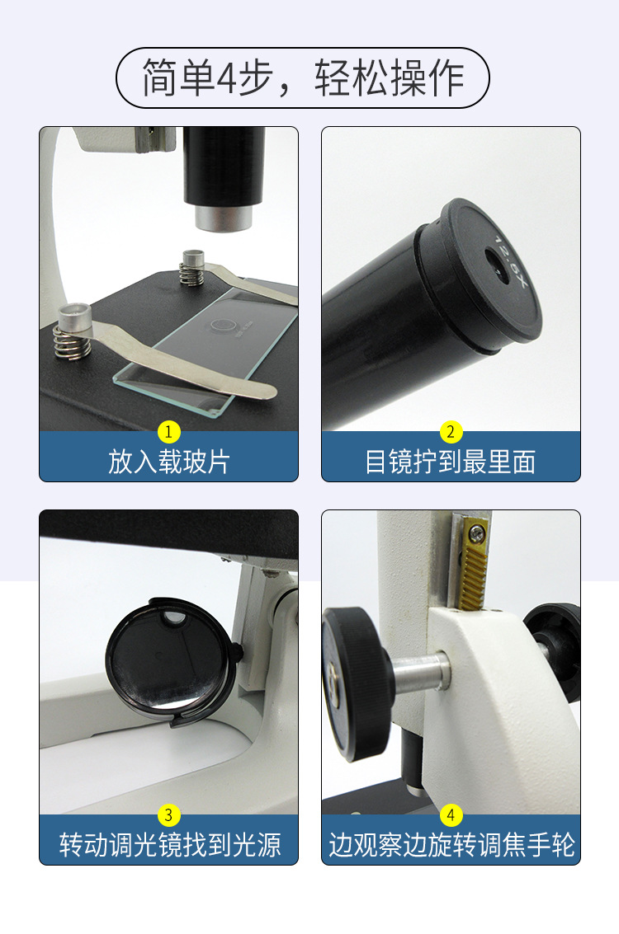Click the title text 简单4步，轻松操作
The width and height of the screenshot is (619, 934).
pyautogui.click(x=303, y=78)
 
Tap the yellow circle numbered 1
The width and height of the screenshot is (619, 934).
pyautogui.click(x=168, y=431)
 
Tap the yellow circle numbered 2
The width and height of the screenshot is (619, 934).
pyautogui.click(x=451, y=431)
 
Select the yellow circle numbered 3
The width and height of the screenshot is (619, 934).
pyautogui.click(x=168, y=815)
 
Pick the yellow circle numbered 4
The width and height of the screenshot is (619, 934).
pyautogui.click(x=451, y=815)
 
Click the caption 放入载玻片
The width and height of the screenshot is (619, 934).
pyautogui.click(x=168, y=462)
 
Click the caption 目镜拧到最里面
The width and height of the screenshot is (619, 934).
pyautogui.click(x=451, y=462)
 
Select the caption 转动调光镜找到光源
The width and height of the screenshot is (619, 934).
pyautogui.click(x=168, y=845)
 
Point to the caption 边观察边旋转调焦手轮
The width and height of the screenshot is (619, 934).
pyautogui.click(x=451, y=845)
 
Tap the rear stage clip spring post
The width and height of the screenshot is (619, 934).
pyautogui.click(x=192, y=267)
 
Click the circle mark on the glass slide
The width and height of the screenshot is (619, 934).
pyautogui.click(x=220, y=323)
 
